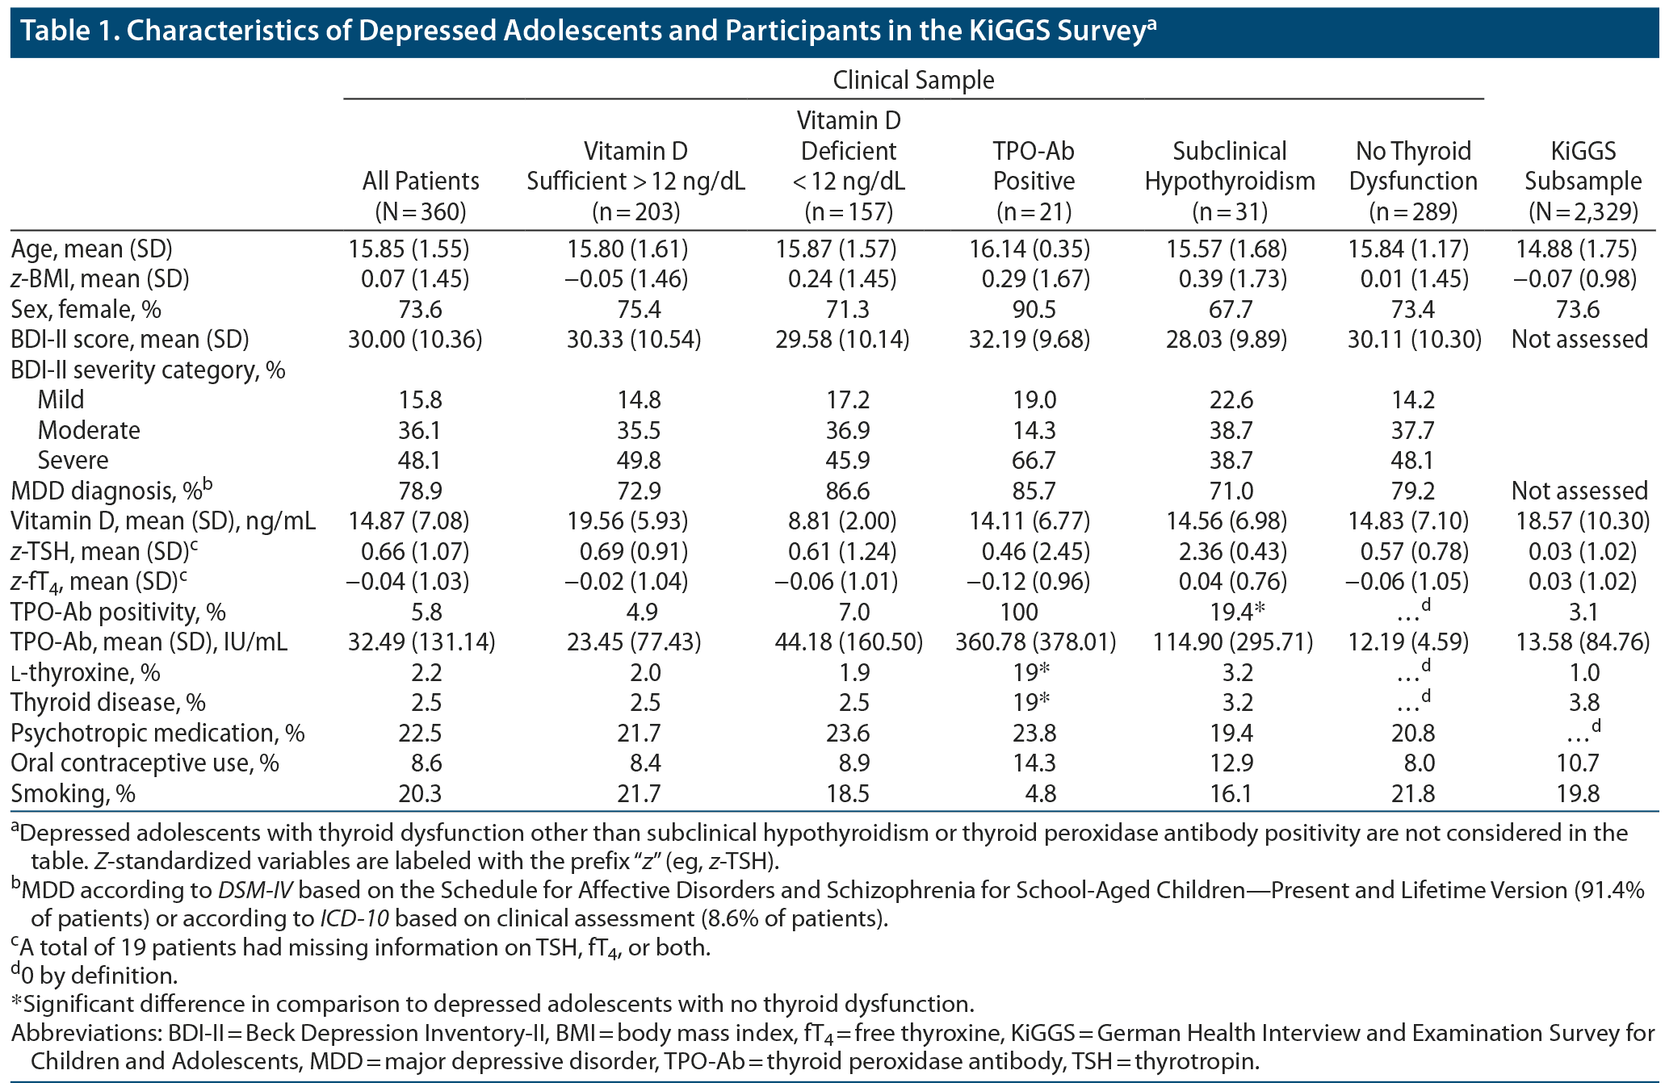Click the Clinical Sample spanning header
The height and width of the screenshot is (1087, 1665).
pyautogui.click(x=913, y=81)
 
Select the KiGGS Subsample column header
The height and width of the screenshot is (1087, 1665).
pyautogui.click(x=1583, y=182)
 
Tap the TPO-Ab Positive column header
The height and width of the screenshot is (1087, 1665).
pyautogui.click(x=1034, y=182)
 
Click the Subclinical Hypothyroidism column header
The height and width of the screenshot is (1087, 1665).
pyautogui.click(x=1230, y=182)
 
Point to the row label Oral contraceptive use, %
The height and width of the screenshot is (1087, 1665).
pyautogui.click(x=145, y=763)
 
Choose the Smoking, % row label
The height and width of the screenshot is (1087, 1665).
pyautogui.click(x=73, y=794)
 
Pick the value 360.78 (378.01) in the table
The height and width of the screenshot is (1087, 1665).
pyautogui.click(x=1035, y=642)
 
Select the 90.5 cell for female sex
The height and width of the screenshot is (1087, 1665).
pyautogui.click(x=1034, y=310)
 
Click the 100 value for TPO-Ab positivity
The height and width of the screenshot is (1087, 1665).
pyautogui.click(x=1034, y=612)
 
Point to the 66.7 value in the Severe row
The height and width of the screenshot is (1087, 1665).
pyautogui.click(x=1034, y=461)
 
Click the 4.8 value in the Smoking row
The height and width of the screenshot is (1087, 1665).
pyautogui.click(x=1040, y=794)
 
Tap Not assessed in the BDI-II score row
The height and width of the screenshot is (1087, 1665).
pyautogui.click(x=1579, y=340)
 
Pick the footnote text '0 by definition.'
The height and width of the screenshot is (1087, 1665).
pyautogui.click(x=99, y=976)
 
